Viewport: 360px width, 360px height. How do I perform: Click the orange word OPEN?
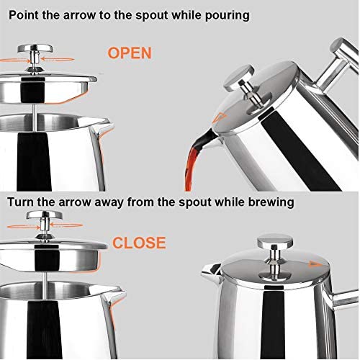tap(129, 53)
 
